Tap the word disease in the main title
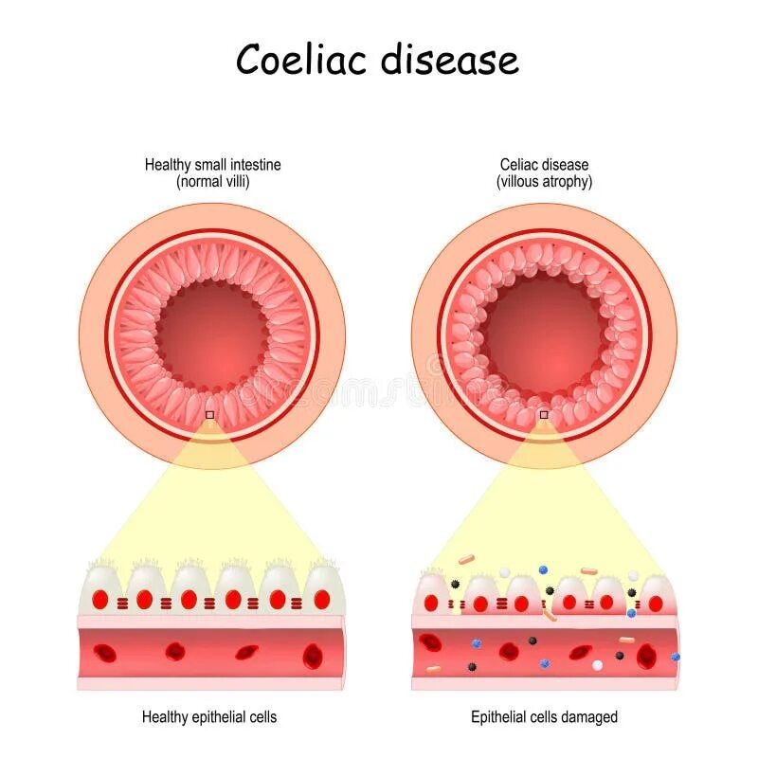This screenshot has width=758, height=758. (x=450, y=61)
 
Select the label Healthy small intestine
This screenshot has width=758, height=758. (x=212, y=165)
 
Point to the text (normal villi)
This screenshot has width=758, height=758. (x=212, y=181)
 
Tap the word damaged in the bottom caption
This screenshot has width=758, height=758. (x=587, y=717)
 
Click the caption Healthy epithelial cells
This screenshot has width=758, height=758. (x=209, y=717)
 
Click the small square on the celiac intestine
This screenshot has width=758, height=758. (x=544, y=415)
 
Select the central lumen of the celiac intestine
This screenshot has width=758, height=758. (x=544, y=334)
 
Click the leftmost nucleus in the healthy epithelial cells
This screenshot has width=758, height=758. (x=99, y=599)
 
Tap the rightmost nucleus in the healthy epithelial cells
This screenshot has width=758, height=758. (x=321, y=599)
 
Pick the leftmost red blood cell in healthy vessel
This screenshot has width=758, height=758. (x=105, y=652)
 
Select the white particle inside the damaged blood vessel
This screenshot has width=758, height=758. (x=597, y=665)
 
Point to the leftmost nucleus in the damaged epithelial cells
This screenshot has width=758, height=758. (x=431, y=603)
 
